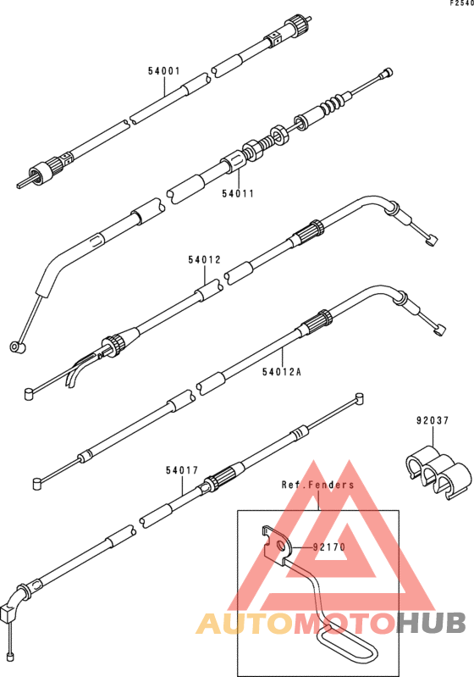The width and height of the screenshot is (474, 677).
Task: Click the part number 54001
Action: [164, 71]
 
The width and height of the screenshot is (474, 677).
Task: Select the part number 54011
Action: [238, 194]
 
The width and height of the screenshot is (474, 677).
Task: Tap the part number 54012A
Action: [282, 372]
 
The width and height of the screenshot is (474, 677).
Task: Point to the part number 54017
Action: [182, 470]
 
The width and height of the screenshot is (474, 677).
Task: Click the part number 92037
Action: [433, 420]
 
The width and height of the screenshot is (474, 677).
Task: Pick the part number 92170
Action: [329, 547]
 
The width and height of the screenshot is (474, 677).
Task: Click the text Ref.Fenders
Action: [318, 485]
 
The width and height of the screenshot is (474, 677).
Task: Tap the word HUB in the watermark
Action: [433, 623]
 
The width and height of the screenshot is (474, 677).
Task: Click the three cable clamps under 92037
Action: [438, 472]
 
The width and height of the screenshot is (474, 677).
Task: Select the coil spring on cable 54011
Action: [333, 105]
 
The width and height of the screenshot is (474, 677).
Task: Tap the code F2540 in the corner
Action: [461, 3]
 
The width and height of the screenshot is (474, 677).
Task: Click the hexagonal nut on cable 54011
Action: [279, 134]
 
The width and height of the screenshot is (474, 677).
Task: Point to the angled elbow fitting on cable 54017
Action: [13, 602]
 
